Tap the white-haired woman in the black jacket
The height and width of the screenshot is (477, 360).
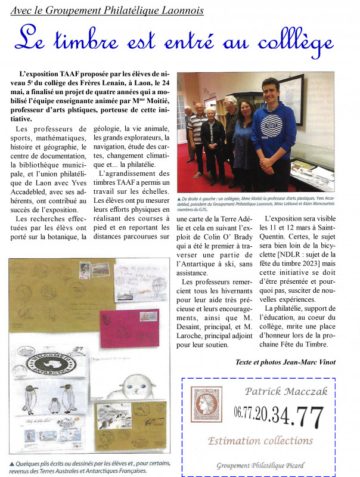pyautogui.click(x=213, y=143)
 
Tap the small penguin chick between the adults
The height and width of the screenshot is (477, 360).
pyautogui.click(x=54, y=405)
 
